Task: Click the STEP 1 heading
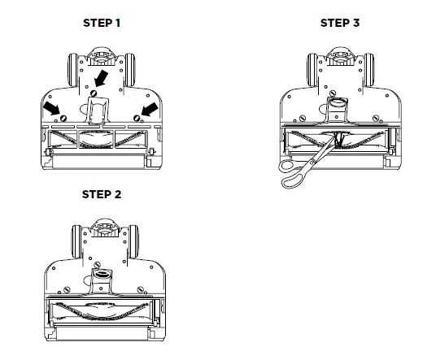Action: pos(102,23)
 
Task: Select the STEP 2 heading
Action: pos(102,195)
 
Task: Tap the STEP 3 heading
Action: pos(340,23)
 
